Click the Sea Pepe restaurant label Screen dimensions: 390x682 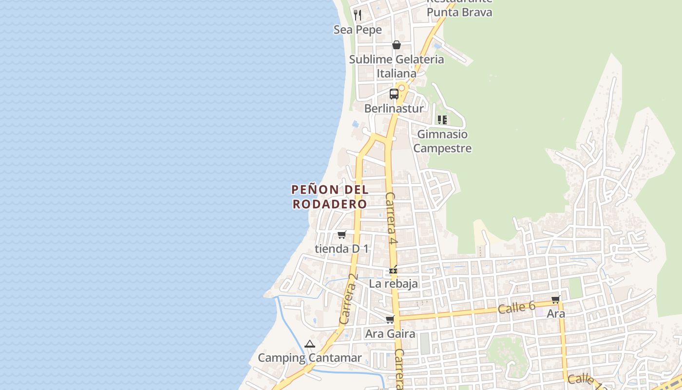click(x=358, y=30)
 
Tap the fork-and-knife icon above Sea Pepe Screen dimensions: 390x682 click(x=358, y=15)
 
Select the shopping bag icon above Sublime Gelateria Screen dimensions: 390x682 click(x=397, y=45)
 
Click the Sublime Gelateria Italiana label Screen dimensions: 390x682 click(x=397, y=66)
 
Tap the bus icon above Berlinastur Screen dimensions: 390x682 click(x=394, y=94)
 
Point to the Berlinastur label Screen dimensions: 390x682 click(x=394, y=108)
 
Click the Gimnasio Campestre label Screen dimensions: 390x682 click(x=442, y=141)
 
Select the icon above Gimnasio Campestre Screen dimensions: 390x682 click(x=442, y=119)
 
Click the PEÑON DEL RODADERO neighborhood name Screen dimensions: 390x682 click(x=330, y=196)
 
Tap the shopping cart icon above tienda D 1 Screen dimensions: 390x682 click(x=342, y=235)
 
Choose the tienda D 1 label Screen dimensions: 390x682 click(x=342, y=249)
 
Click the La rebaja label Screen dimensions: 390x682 click(x=393, y=284)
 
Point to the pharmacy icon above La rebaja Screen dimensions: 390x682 click(x=393, y=270)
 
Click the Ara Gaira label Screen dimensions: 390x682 click(x=390, y=334)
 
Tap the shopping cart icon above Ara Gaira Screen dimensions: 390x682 click(x=390, y=320)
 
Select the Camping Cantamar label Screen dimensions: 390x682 click(x=310, y=358)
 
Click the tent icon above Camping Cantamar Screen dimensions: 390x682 click(x=310, y=344)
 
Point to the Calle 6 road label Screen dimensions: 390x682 click(x=517, y=308)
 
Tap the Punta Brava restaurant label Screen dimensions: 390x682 click(x=459, y=12)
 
